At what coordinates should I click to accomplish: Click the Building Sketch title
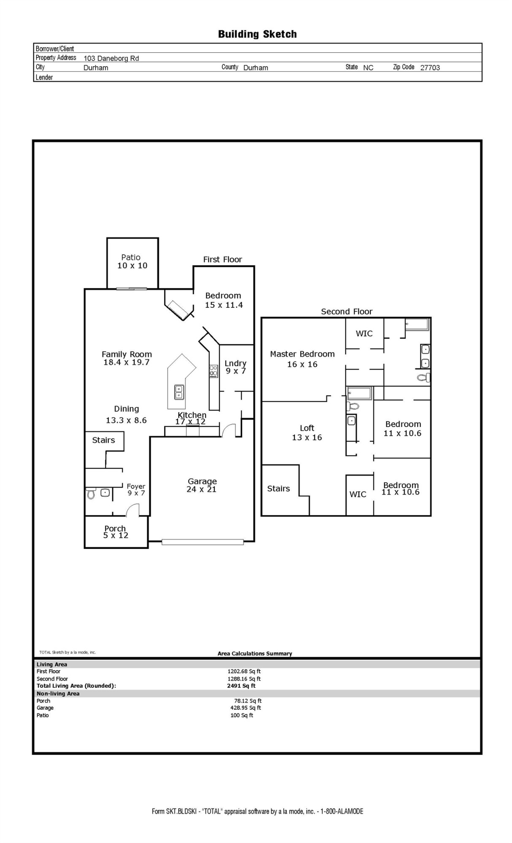(x=257, y=34)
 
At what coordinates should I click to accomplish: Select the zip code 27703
(x=430, y=67)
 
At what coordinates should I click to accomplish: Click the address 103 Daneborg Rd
(x=111, y=58)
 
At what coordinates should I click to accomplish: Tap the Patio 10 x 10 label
(x=132, y=261)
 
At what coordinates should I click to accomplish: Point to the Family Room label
(x=127, y=358)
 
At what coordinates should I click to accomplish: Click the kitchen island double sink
(x=179, y=392)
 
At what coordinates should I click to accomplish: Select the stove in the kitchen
(x=214, y=371)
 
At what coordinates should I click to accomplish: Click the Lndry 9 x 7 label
(x=235, y=367)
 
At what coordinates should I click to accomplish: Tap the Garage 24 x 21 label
(x=202, y=485)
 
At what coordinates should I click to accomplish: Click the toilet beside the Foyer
(x=91, y=494)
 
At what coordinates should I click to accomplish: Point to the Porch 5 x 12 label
(x=116, y=532)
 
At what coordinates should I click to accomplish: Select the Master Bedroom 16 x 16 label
(x=302, y=359)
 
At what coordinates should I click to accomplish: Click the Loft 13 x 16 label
(x=307, y=432)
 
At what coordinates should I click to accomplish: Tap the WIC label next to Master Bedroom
(x=364, y=333)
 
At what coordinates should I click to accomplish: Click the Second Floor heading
(x=347, y=311)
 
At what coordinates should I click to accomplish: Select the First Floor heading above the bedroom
(x=223, y=260)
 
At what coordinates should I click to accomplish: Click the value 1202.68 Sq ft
(x=244, y=671)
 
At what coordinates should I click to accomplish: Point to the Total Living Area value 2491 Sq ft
(x=241, y=686)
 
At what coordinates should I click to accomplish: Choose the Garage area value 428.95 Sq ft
(x=245, y=708)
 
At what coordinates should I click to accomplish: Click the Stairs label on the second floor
(x=278, y=489)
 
